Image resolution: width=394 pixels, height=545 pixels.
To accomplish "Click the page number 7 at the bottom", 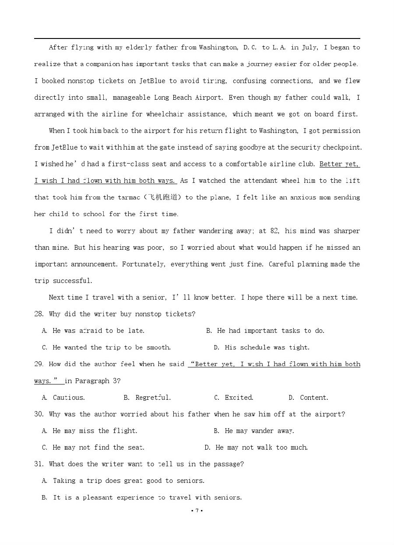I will tap(197, 510).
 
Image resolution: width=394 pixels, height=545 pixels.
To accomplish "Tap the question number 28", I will tap(39, 314).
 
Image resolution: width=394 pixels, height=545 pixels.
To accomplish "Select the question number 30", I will tap(39, 414).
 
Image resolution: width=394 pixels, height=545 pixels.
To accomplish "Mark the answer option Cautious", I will tap(69, 398).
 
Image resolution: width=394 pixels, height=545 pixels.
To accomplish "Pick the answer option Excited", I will tap(239, 398).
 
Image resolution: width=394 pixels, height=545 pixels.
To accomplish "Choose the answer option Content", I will tap(314, 398).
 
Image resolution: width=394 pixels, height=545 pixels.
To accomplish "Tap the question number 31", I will tap(39, 464).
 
